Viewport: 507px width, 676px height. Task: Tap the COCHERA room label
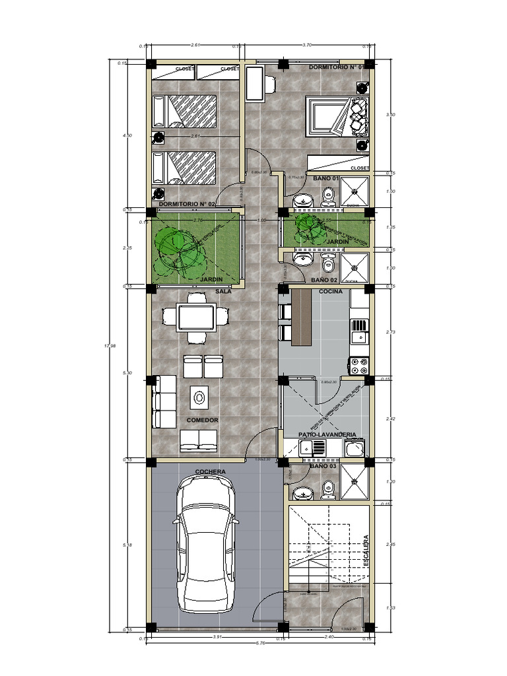pyautogui.click(x=211, y=471)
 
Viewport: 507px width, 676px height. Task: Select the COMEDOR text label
pyautogui.click(x=202, y=420)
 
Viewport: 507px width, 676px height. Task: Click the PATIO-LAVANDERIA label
pyautogui.click(x=327, y=435)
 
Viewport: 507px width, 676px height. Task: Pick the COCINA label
pyautogui.click(x=330, y=290)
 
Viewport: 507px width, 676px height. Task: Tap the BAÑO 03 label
pyautogui.click(x=323, y=467)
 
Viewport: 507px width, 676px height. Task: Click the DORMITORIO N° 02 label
pyautogui.click(x=187, y=205)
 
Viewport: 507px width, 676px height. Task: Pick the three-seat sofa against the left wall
pyautogui.click(x=164, y=401)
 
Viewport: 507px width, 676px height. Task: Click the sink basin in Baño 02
pyautogui.click(x=304, y=259)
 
